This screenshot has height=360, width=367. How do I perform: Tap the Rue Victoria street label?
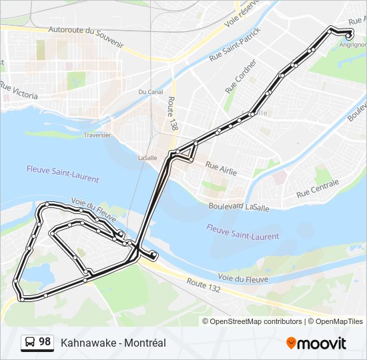click(x=20, y=89)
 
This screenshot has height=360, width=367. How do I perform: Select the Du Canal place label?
click(x=151, y=91)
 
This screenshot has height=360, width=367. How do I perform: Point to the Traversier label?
click(x=97, y=135)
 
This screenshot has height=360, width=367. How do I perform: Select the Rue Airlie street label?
click(x=221, y=167)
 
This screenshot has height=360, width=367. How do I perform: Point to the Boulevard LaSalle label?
click(x=239, y=207)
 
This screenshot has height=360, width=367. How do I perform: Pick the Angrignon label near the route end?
click(x=352, y=45)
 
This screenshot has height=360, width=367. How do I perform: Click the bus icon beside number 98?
click(x=30, y=343)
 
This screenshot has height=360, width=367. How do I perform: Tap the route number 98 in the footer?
click(x=45, y=342)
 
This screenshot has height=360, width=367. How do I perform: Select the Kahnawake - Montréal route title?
click(x=113, y=343)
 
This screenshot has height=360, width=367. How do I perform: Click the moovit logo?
click(x=316, y=343)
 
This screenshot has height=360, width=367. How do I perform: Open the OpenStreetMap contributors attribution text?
click(x=256, y=321)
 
